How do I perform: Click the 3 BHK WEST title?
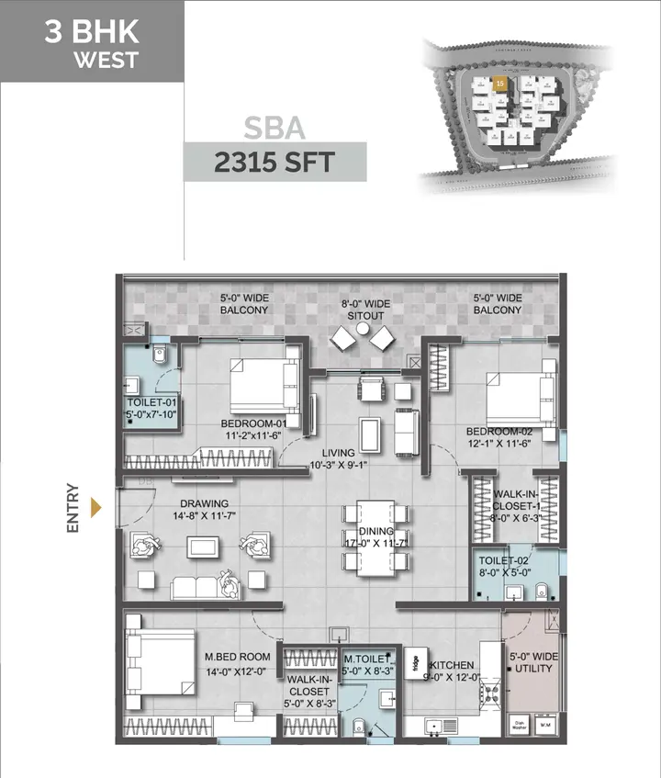92,43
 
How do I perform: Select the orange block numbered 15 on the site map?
499,84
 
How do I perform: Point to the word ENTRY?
73,510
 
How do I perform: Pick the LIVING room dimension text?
345,459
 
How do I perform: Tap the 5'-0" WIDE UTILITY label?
532,663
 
